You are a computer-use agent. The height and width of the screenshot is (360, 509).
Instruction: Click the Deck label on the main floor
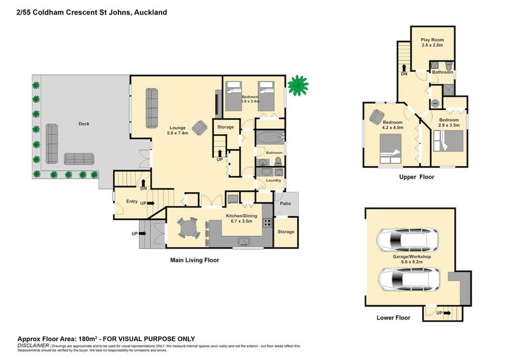[83, 124]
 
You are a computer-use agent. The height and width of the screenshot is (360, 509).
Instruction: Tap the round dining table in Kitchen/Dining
[188, 227]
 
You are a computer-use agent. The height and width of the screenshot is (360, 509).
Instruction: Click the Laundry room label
[274, 180]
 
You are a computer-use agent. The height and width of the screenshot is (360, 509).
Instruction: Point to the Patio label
[286, 204]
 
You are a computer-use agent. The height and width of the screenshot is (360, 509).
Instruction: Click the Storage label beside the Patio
[286, 232]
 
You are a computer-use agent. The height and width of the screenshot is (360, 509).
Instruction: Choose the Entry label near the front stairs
[132, 202]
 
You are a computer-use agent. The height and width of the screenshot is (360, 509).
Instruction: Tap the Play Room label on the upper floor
[432, 39]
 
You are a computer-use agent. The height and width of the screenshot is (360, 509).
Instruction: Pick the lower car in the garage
[407, 278]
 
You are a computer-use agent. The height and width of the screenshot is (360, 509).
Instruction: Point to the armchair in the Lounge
[200, 127]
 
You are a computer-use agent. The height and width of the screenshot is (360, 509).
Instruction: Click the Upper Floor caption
[416, 177]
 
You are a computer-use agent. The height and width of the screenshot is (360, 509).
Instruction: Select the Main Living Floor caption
[194, 260]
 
